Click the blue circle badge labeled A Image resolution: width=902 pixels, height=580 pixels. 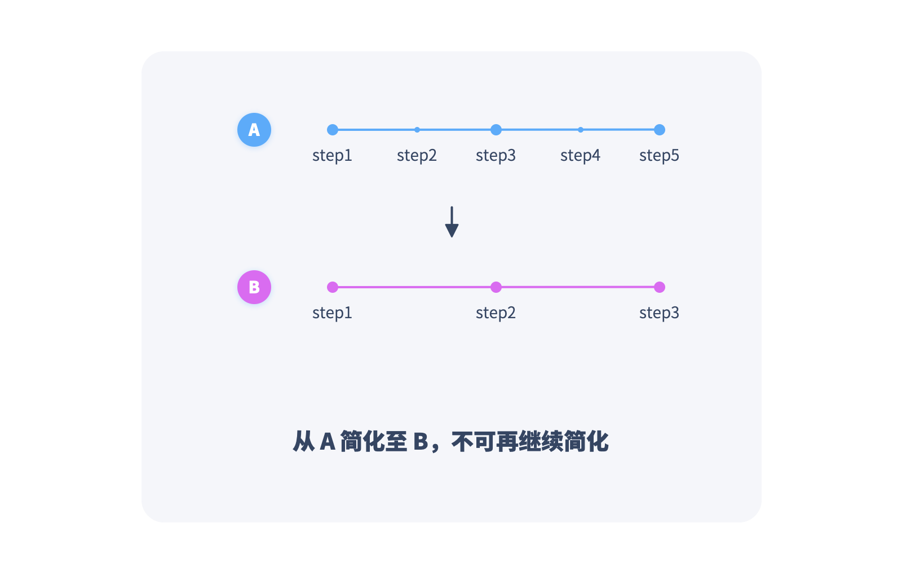(254, 130)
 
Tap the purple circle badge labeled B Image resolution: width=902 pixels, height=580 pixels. (254, 287)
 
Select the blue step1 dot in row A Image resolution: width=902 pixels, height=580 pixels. (333, 130)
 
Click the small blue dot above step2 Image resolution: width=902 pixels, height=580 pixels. (417, 130)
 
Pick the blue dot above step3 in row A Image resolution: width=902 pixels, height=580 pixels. (496, 130)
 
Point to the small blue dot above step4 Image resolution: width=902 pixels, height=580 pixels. (581, 130)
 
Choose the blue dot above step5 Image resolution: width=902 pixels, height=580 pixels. (660, 130)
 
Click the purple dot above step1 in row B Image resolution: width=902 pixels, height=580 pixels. (333, 287)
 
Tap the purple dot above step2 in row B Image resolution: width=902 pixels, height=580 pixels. (496, 287)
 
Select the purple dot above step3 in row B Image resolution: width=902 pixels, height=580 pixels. (660, 287)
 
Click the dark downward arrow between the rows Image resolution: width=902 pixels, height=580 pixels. (452, 222)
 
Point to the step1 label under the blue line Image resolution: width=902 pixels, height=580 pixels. (332, 155)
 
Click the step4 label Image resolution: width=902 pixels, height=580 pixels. (580, 155)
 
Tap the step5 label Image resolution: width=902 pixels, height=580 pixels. (659, 155)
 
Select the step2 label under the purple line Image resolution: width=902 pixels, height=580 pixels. (496, 313)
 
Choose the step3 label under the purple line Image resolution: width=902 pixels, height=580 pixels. (659, 313)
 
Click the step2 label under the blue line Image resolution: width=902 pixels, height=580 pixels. (417, 155)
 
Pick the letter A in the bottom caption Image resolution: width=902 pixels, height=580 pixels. (328, 442)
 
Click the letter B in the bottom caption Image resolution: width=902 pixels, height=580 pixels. (421, 442)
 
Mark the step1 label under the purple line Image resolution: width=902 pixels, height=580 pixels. (332, 313)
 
